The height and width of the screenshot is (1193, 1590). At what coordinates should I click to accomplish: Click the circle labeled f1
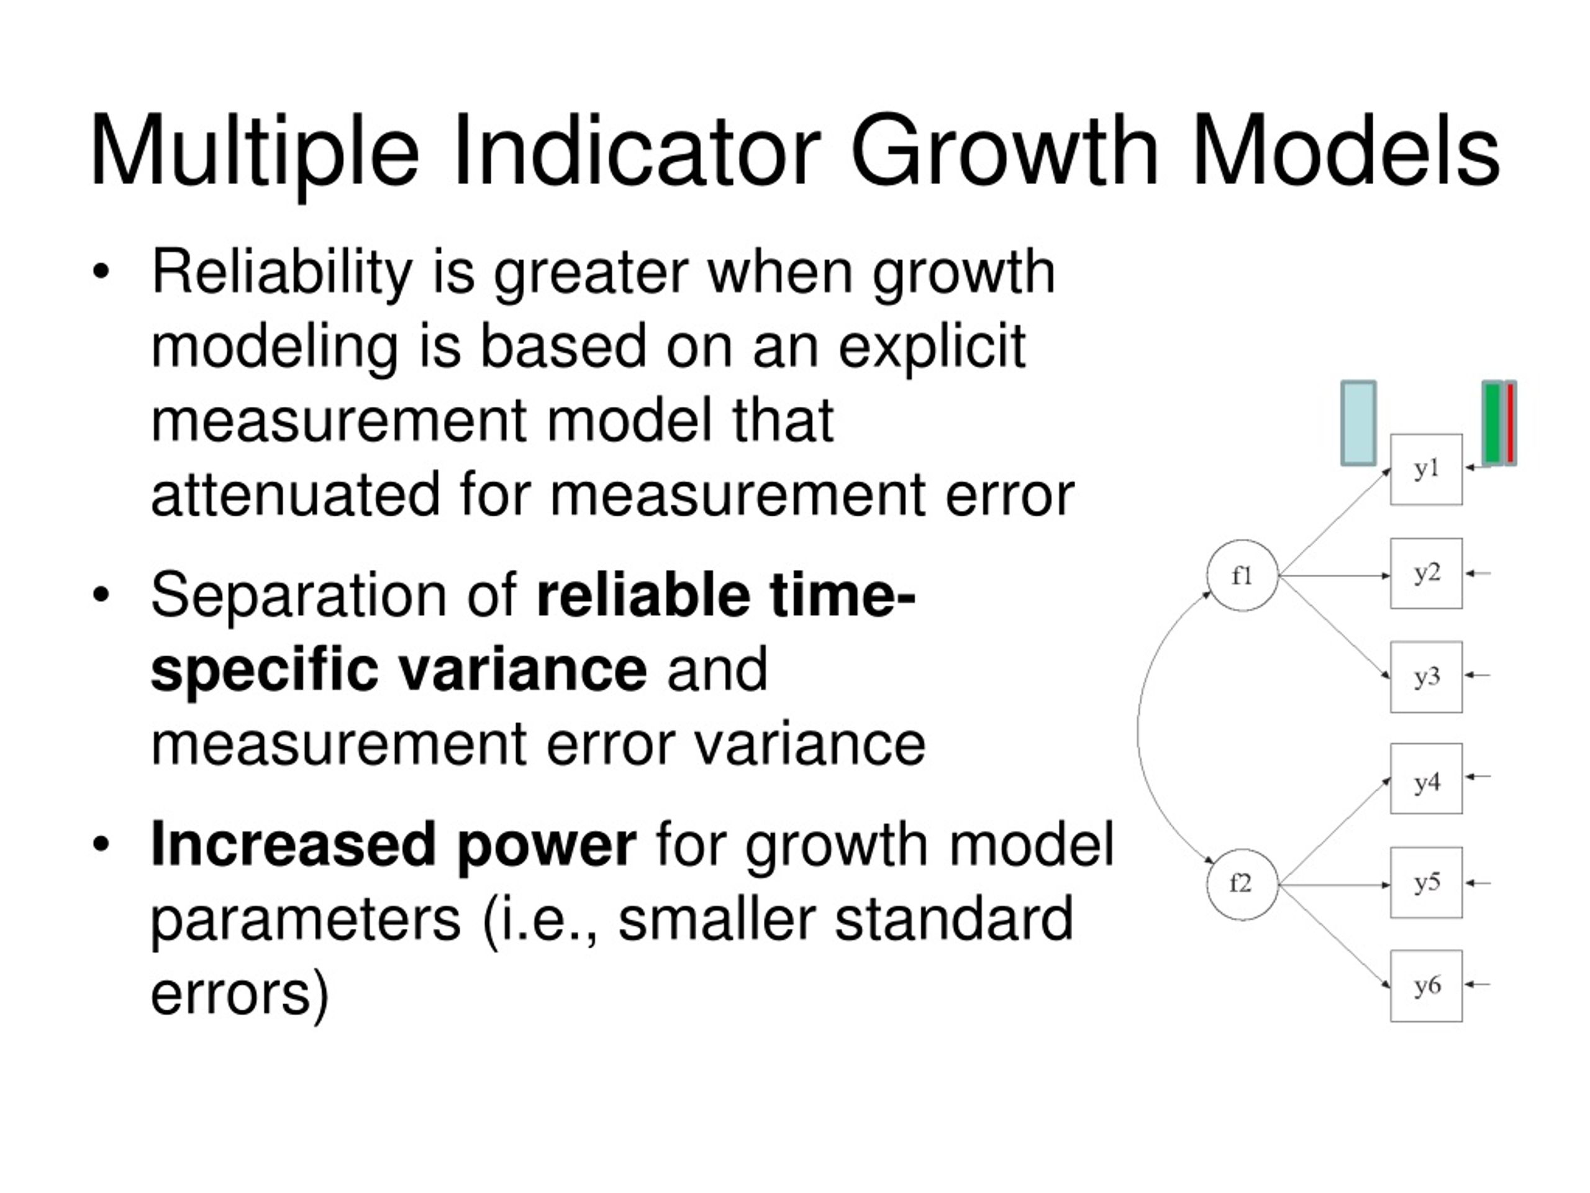1242,575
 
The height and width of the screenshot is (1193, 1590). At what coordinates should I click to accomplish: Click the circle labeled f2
1242,884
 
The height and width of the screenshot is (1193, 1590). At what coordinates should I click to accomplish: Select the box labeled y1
1426,470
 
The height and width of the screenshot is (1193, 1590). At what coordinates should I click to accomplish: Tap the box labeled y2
1426,573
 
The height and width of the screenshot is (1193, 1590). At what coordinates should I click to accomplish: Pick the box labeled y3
1426,677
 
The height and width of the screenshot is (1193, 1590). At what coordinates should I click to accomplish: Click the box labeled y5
1426,882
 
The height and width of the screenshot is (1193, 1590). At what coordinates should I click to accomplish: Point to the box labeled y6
1426,986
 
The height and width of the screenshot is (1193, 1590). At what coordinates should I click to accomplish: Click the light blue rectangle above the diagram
1358,424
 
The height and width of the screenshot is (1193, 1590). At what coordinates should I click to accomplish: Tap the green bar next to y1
1493,423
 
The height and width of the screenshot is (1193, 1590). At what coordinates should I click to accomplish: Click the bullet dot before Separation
101,595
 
